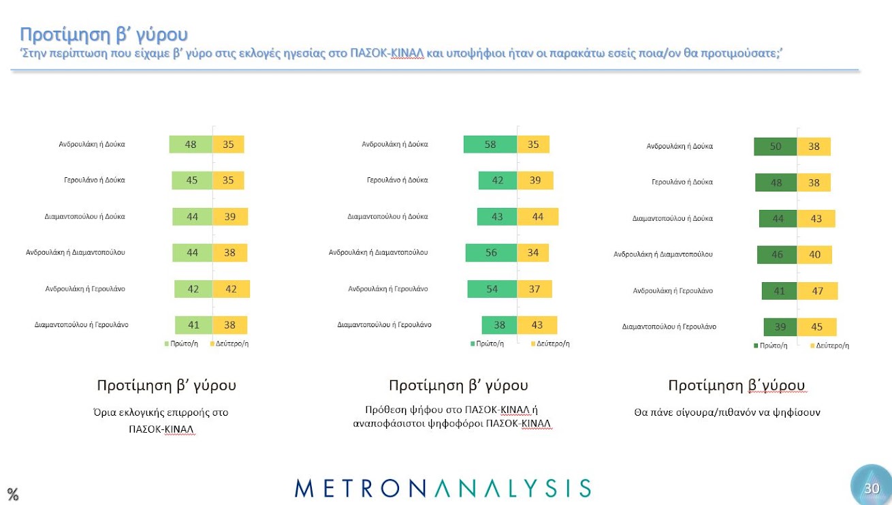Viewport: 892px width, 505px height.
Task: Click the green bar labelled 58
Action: (x=490, y=144)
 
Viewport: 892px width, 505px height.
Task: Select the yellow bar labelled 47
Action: (x=817, y=291)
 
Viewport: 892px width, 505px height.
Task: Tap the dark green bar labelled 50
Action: (x=775, y=147)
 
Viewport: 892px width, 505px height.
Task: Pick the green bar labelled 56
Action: (x=491, y=253)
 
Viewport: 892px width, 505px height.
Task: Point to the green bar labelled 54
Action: (x=492, y=289)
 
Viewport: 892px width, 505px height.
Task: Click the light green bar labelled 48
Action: (x=191, y=144)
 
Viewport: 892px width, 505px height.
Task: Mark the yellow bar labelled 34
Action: (x=532, y=253)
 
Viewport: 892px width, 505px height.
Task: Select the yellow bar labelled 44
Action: (x=537, y=217)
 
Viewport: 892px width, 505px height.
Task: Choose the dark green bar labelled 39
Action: (x=780, y=327)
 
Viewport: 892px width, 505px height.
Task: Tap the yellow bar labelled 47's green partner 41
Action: (x=779, y=291)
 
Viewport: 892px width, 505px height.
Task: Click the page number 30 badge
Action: (x=872, y=488)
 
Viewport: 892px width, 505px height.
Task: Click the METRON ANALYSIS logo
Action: (x=443, y=488)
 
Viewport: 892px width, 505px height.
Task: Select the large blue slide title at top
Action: (x=103, y=35)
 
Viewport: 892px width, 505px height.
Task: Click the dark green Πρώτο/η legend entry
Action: (x=770, y=346)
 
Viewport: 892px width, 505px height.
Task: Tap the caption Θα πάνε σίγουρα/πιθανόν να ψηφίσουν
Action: (x=727, y=412)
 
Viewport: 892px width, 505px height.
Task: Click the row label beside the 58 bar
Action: (x=394, y=144)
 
